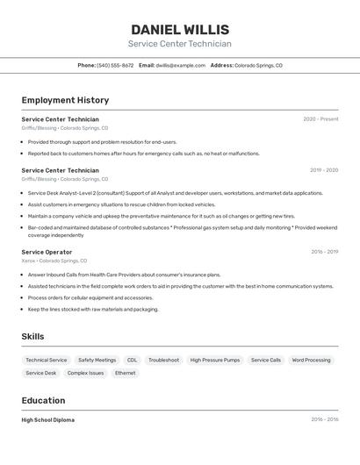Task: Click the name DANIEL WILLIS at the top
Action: pyautogui.click(x=180, y=30)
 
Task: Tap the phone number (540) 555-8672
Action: pyautogui.click(x=115, y=66)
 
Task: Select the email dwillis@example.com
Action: pyautogui.click(x=181, y=66)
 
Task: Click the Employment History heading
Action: pyautogui.click(x=65, y=101)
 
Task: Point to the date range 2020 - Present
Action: pyautogui.click(x=320, y=119)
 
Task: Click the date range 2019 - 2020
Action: pyautogui.click(x=323, y=170)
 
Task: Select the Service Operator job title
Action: pyautogui.click(x=47, y=252)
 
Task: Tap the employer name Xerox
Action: pyautogui.click(x=28, y=261)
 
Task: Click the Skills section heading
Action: pyautogui.click(x=32, y=337)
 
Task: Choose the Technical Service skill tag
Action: pyautogui.click(x=46, y=360)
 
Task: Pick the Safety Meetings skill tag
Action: pyautogui.click(x=97, y=360)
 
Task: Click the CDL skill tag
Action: pyautogui.click(x=132, y=360)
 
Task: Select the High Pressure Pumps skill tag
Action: pyautogui.click(x=214, y=360)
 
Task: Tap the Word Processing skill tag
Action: pyautogui.click(x=311, y=360)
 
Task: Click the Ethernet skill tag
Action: pyautogui.click(x=126, y=373)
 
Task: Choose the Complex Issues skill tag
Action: pyautogui.click(x=85, y=373)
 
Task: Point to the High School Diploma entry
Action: pyautogui.click(x=48, y=420)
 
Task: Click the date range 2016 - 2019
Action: pyautogui.click(x=324, y=252)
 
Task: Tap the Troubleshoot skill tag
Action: pyautogui.click(x=163, y=360)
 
